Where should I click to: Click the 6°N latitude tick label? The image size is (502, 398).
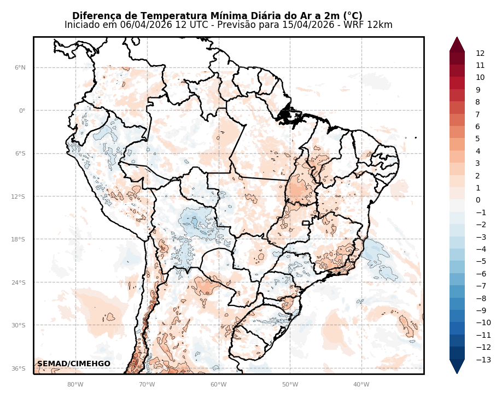[20, 68]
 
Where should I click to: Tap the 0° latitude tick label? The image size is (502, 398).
[22, 111]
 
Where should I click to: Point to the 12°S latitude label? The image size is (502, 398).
[20, 197]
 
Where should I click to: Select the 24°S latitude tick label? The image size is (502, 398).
[20, 282]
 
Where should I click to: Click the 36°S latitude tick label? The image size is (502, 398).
[20, 368]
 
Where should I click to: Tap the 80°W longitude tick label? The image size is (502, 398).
[75, 384]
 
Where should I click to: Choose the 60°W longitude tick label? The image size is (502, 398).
[218, 384]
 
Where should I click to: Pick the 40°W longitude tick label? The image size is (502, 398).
[361, 384]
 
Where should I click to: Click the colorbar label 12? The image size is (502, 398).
[480, 54]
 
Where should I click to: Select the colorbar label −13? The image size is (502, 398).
[483, 360]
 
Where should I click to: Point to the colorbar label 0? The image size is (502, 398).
[478, 200]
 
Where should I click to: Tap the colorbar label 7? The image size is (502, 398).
[478, 114]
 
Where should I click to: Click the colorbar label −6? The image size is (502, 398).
[482, 274]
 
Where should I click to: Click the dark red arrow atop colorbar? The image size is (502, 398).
[457, 44]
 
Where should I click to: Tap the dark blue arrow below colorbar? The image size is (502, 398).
[457, 366]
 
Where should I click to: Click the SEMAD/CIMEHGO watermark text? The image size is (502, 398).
[74, 364]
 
